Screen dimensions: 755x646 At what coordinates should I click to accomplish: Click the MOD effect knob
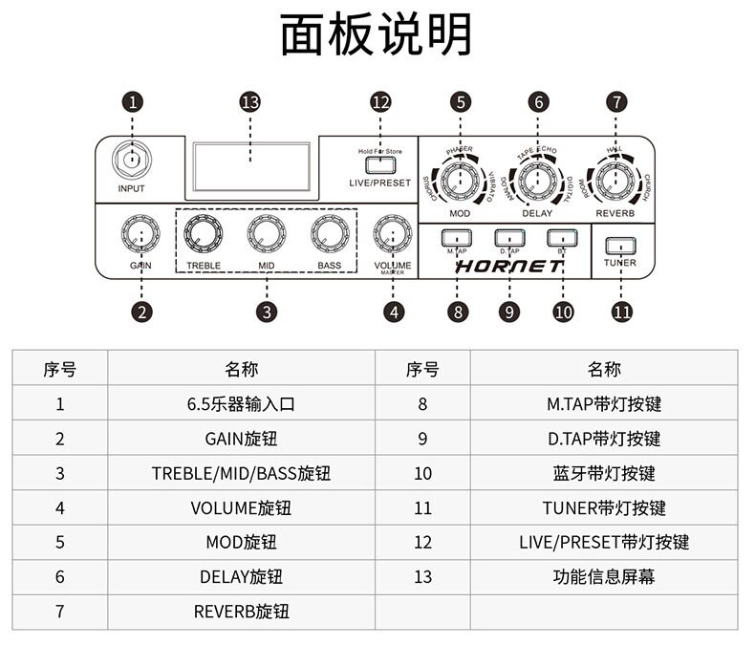click(x=460, y=179)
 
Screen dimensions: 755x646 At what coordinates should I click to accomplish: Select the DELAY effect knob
click(x=537, y=179)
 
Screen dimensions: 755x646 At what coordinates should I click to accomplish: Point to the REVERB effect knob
click(x=615, y=179)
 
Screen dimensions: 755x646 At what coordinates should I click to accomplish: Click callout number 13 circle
click(x=250, y=102)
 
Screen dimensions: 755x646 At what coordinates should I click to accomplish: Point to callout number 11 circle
click(x=622, y=311)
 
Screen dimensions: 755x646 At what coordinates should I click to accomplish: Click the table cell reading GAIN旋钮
click(x=241, y=439)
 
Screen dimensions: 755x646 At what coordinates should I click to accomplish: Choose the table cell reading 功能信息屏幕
click(x=603, y=576)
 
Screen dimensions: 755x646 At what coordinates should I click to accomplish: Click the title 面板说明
click(x=377, y=35)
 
